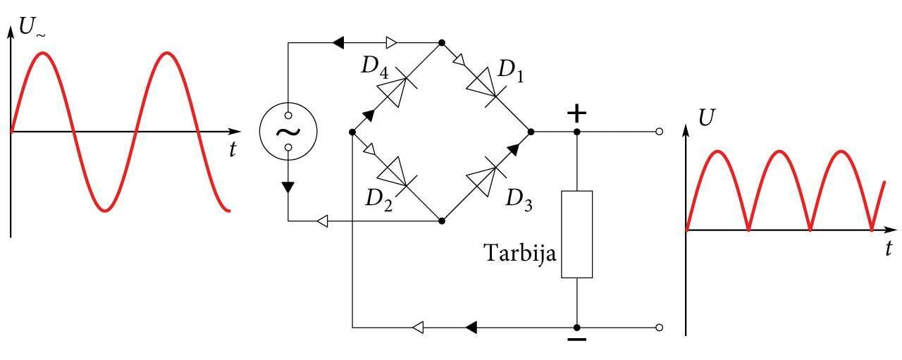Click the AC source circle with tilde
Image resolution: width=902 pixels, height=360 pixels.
[288, 131]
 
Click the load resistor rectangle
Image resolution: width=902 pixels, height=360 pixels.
[576, 234]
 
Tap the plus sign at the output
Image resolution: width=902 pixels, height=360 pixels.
[576, 113]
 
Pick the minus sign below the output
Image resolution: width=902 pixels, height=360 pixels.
[576, 340]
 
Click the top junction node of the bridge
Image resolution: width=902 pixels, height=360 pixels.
[441, 43]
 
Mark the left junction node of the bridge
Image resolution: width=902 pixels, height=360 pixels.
[352, 132]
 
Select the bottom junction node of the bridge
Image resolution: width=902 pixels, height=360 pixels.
[441, 221]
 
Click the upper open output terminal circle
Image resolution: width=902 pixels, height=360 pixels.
[659, 132]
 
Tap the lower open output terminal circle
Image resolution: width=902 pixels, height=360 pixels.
[659, 328]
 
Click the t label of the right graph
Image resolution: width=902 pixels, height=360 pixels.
[889, 248]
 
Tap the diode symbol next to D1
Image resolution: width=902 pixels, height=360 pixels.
[486, 87]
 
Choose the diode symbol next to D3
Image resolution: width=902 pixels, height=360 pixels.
[486, 176]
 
